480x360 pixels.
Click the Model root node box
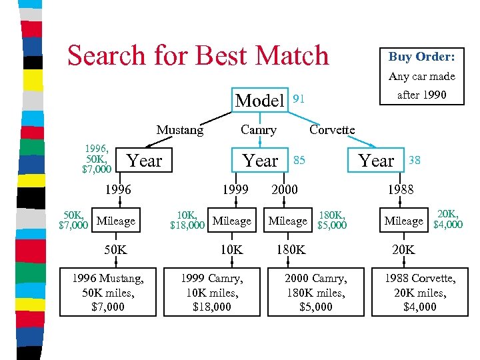[x=260, y=100]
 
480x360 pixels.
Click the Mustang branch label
[x=180, y=130]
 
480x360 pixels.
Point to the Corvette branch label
[x=332, y=129]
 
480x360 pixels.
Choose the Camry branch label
[x=258, y=130]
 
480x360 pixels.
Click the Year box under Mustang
[x=144, y=161]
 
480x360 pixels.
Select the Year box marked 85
[x=260, y=161]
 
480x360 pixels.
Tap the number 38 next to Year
[x=414, y=160]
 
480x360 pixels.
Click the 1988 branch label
[x=401, y=190]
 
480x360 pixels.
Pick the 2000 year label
[x=285, y=190]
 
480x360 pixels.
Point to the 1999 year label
[x=235, y=190]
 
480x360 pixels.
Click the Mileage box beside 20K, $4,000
[x=403, y=221]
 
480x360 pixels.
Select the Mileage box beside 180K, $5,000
[x=287, y=221]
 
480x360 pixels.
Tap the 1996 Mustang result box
[x=108, y=292]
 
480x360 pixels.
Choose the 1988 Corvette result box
[x=419, y=292]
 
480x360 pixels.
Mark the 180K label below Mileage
[x=291, y=250]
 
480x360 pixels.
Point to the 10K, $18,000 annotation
[x=187, y=221]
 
